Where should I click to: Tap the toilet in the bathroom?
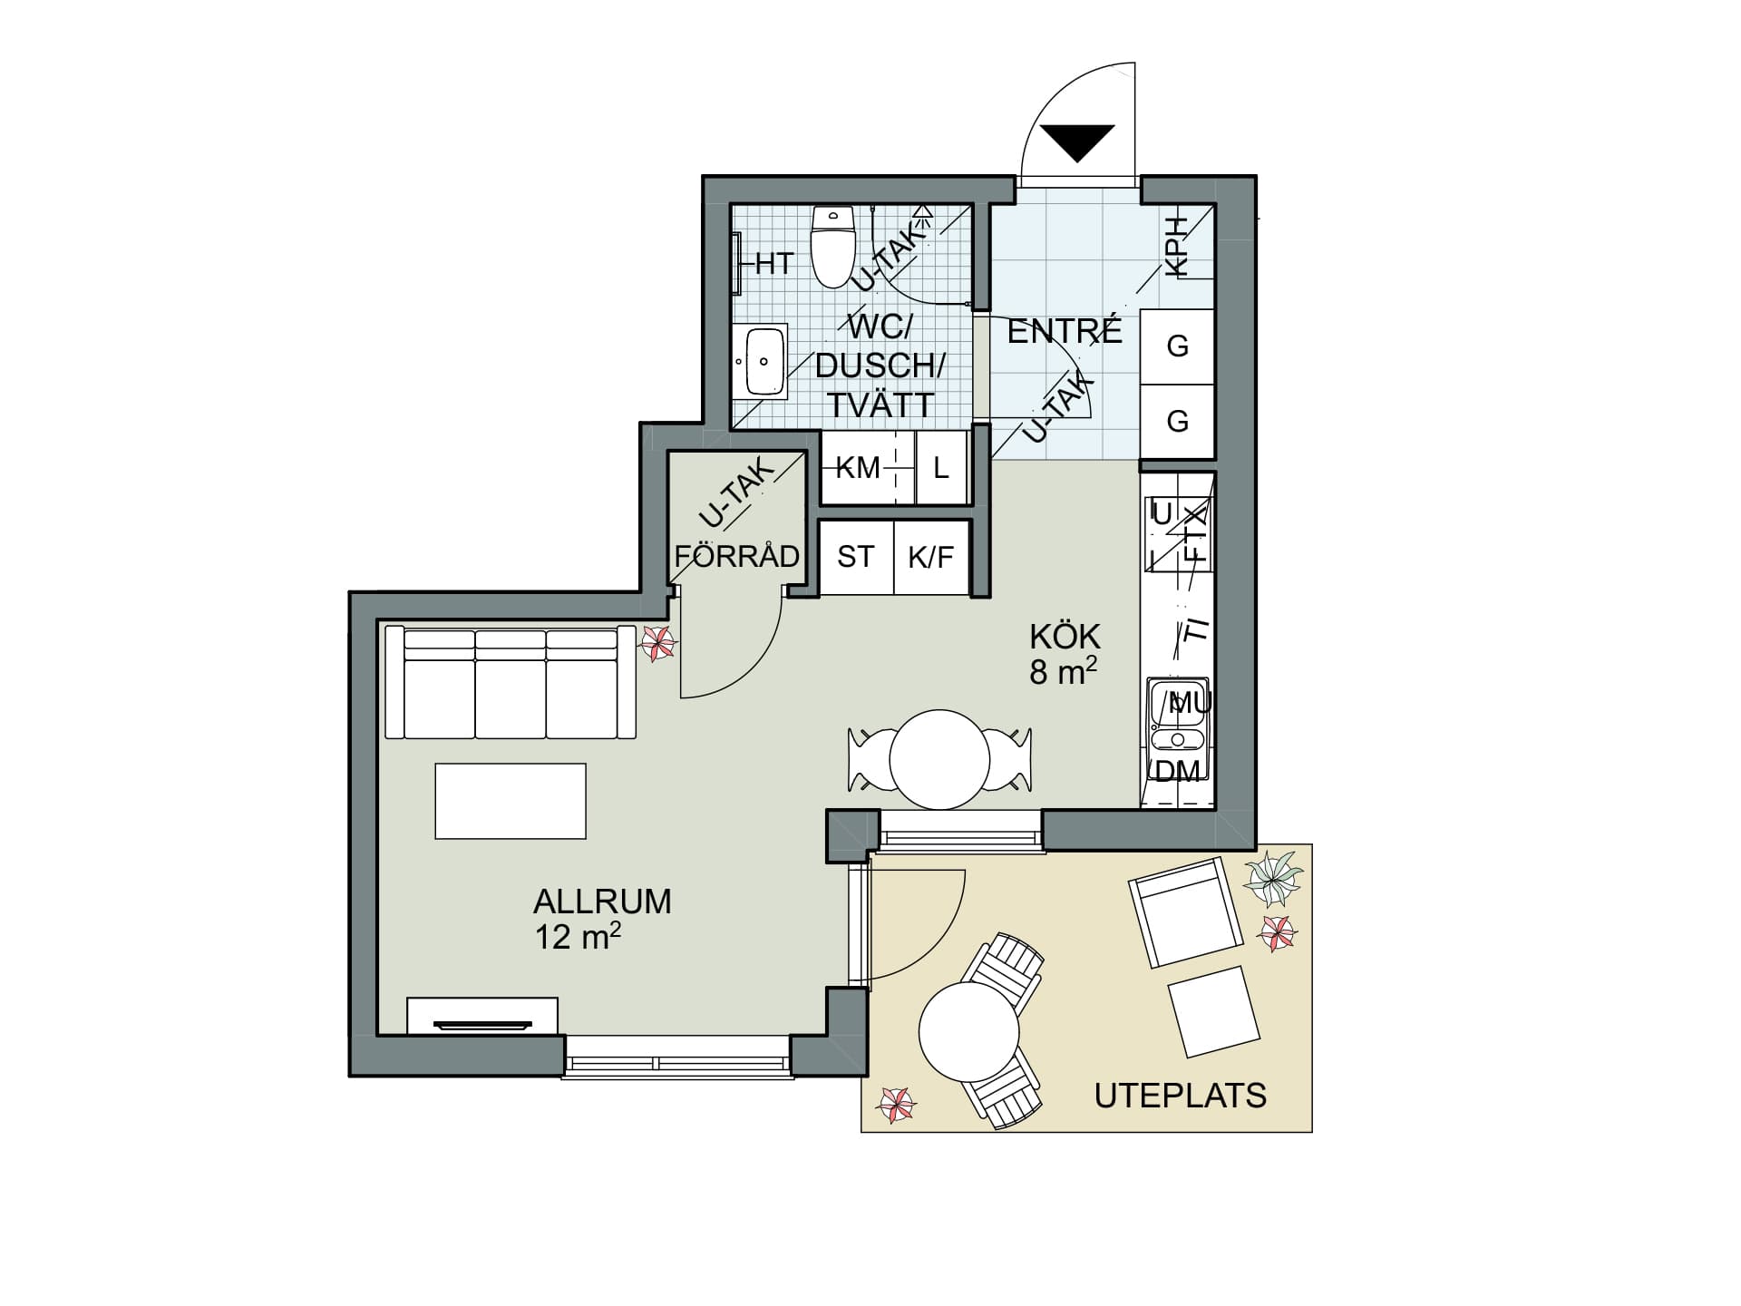833,246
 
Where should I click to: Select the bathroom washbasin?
764,361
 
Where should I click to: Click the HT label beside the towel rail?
774,264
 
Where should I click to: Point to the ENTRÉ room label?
1065,331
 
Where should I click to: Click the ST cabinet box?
856,557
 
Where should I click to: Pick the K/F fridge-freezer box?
932,557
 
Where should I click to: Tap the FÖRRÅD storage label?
737,555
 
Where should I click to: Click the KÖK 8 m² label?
1065,654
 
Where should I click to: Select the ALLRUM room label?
602,902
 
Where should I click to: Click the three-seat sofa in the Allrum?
511,682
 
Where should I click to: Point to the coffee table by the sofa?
511,801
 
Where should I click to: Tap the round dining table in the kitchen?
939,760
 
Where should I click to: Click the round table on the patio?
969,1032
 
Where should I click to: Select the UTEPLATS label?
1180,1096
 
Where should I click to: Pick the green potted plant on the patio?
1272,879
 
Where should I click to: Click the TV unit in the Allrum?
482,1016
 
